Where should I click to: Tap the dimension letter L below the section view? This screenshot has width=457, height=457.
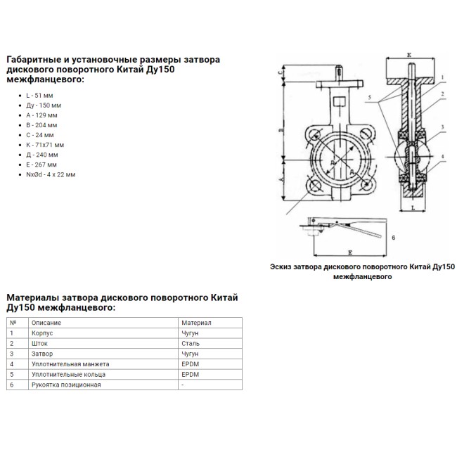pyautogui.click(x=414, y=209)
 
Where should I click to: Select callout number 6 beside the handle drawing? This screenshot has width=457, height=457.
pyautogui.click(x=394, y=239)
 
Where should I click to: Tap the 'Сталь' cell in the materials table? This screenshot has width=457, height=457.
pyautogui.click(x=190, y=344)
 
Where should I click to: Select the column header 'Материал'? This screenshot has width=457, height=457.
pyautogui.click(x=196, y=323)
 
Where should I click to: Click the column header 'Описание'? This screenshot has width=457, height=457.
pyautogui.click(x=46, y=323)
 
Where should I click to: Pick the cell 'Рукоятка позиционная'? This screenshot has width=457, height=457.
pyautogui.click(x=66, y=385)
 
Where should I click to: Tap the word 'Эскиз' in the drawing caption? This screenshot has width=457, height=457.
pyautogui.click(x=283, y=266)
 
